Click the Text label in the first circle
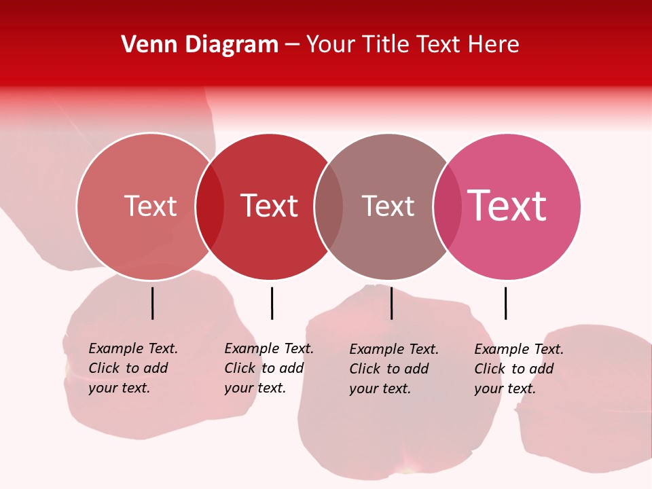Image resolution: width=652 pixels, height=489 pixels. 150,206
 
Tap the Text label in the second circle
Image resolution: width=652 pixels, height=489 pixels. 270,206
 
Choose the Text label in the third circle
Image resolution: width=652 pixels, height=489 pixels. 388,206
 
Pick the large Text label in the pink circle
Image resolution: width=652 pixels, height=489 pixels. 507,206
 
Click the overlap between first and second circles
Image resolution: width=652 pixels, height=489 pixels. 210,206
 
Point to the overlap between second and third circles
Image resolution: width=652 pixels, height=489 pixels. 329,206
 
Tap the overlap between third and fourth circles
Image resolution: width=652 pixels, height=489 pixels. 448,206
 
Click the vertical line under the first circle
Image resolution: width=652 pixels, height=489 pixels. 153,303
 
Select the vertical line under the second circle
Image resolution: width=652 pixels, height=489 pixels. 272,303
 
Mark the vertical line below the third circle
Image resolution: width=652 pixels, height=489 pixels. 391,303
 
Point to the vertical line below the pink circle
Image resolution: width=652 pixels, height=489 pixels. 505,303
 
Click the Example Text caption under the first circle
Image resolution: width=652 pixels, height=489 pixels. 132,368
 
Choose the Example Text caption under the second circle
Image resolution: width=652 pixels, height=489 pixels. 268,368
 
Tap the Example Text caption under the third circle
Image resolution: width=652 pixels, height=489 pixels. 393,369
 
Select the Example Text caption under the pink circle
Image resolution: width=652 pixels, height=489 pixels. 518,369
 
